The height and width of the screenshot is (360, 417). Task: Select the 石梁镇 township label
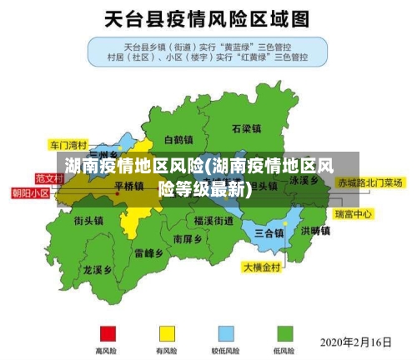pos(247,129)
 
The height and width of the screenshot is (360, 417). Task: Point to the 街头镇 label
pos(88,221)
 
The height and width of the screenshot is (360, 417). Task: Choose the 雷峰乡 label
pos(149,252)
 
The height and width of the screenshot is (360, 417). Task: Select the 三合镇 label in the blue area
pos(269,232)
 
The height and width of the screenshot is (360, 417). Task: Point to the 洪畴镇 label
pos(316,231)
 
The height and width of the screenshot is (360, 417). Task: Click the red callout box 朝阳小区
pos(30,192)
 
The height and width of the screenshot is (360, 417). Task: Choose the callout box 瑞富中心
pos(354,214)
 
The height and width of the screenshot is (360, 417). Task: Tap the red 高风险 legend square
pos(108,334)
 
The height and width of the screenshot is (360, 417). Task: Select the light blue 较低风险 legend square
pos(227,334)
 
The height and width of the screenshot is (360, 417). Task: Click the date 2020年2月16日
pos(356,342)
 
